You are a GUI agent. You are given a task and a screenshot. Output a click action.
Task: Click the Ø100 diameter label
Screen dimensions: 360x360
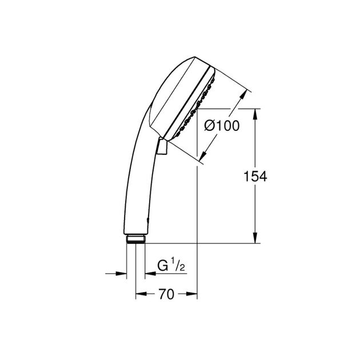click(x=222, y=126)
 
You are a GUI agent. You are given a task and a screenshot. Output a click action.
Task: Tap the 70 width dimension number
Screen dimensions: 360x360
click(x=166, y=294)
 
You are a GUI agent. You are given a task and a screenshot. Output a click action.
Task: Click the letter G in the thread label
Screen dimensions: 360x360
click(x=163, y=266)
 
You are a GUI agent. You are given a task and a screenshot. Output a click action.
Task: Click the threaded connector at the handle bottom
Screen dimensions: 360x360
click(x=135, y=238)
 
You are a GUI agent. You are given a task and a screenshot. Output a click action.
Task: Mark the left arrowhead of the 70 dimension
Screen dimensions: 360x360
click(x=139, y=294)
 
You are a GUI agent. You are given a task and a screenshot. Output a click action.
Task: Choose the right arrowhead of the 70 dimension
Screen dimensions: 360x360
click(x=193, y=294)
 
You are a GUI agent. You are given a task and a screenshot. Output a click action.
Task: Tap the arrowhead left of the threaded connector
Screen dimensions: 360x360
click(x=122, y=273)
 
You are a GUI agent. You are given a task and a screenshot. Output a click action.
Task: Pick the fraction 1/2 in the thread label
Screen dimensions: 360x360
click(x=178, y=266)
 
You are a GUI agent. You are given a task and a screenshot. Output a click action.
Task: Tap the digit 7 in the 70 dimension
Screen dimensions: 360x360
click(x=162, y=294)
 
